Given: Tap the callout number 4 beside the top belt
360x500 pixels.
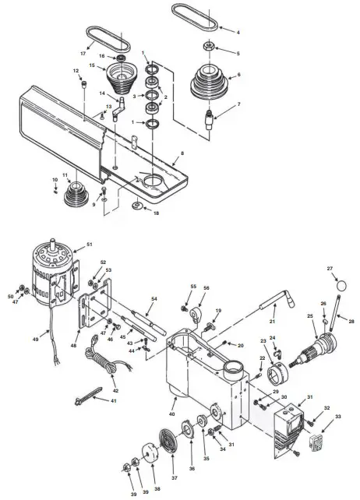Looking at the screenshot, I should pyautogui.click(x=238, y=32).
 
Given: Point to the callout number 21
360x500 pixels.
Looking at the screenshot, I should pyautogui.click(x=273, y=322).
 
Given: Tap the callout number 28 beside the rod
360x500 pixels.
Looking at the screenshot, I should pyautogui.click(x=351, y=321).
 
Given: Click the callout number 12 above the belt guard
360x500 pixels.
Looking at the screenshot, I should pyautogui.click(x=76, y=71).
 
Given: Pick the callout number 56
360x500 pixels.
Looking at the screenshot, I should pyautogui.click(x=206, y=287).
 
